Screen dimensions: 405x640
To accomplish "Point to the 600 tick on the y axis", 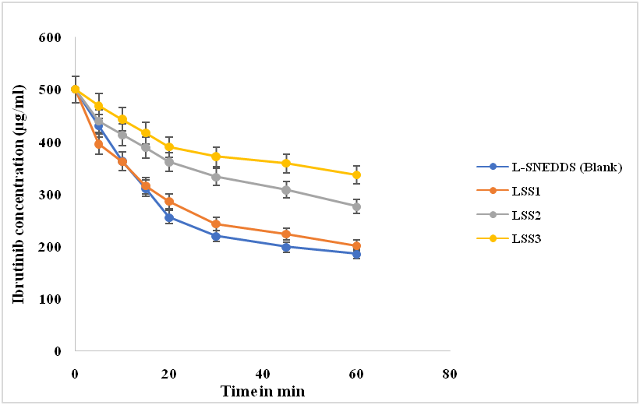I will click(x=51, y=37).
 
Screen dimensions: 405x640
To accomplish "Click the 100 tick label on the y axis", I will click(x=51, y=299).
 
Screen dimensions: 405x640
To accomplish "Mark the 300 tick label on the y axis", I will click(x=51, y=195).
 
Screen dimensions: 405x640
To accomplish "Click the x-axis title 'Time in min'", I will click(x=262, y=390).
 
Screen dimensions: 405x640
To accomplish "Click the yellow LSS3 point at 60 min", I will click(x=356, y=175).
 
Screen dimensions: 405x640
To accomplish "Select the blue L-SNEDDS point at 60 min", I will click(x=356, y=254).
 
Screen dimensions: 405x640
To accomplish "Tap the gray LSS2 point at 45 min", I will click(x=286, y=190).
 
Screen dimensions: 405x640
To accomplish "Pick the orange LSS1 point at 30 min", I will click(x=216, y=224).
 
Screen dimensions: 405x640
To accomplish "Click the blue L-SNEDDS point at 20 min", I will click(x=169, y=218).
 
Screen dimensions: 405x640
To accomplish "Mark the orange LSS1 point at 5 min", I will click(x=99, y=144).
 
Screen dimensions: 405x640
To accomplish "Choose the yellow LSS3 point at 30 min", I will click(x=216, y=157).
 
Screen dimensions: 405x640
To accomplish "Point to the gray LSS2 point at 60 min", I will click(x=356, y=206).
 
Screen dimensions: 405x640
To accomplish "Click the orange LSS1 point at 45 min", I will click(x=286, y=234).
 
